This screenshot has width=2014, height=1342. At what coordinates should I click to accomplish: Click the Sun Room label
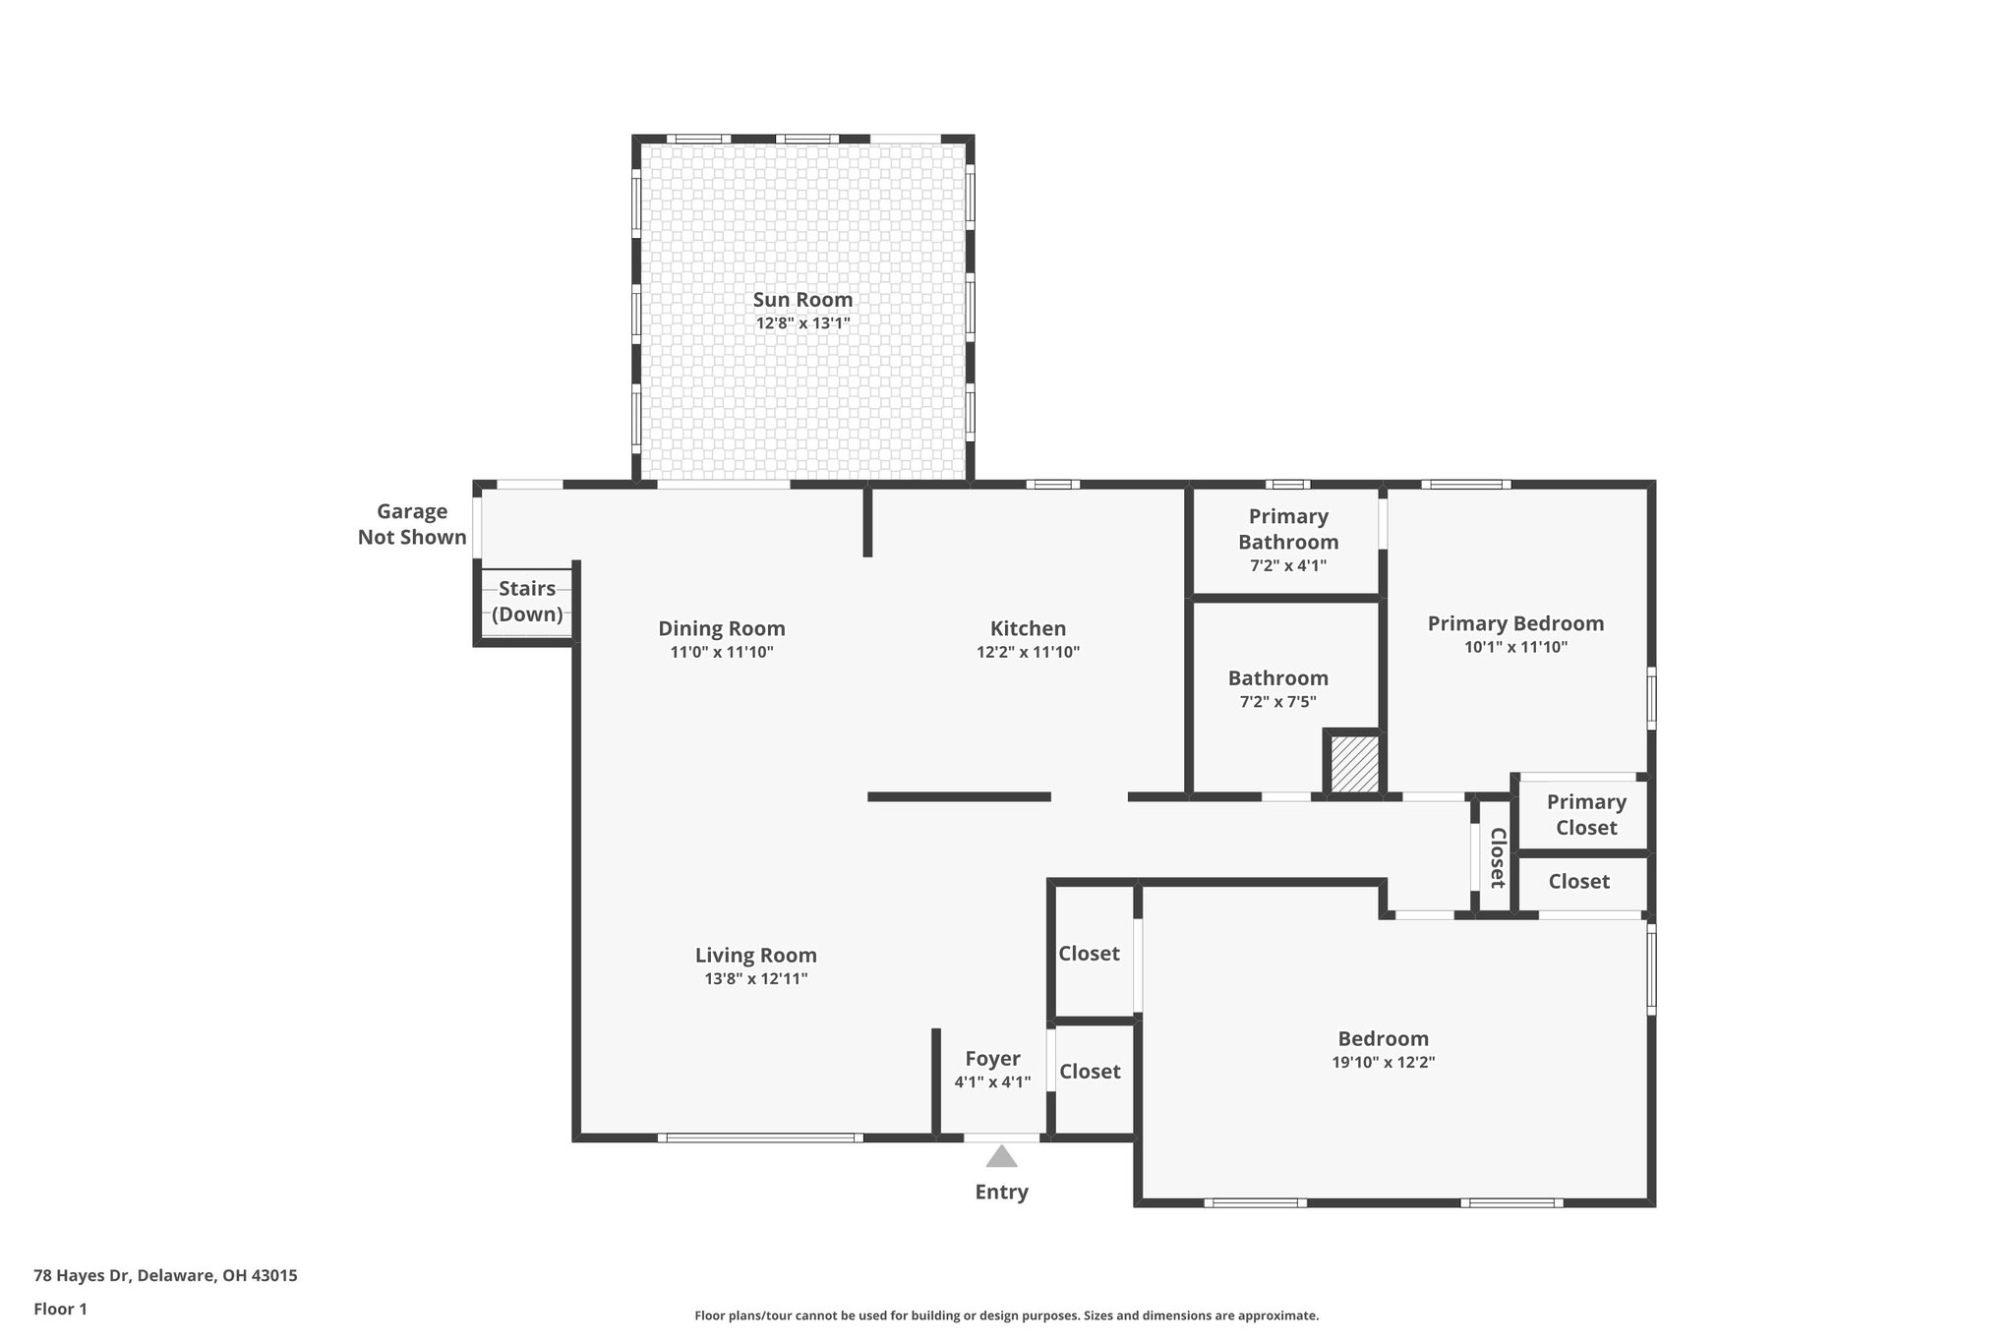[802, 300]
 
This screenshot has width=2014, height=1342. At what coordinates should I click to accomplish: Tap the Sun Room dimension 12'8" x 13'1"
[802, 323]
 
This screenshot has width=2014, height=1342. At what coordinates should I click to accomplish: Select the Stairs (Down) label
[527, 602]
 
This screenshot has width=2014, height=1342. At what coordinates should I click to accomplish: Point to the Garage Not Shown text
[412, 524]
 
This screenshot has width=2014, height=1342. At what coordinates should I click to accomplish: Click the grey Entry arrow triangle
[1001, 1157]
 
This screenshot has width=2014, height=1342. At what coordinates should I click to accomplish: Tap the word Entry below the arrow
[1001, 1192]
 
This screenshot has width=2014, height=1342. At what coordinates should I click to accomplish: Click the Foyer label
[992, 1059]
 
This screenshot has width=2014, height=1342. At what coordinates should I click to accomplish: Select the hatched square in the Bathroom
[1354, 764]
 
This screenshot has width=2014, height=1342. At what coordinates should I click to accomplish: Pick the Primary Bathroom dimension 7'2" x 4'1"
[1288, 566]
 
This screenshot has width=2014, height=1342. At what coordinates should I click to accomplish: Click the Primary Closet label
[1586, 815]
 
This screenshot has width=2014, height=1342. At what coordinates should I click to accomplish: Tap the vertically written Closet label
[1497, 857]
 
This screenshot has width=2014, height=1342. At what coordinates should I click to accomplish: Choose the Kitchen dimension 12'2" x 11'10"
[1028, 652]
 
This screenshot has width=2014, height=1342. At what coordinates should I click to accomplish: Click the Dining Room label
[722, 628]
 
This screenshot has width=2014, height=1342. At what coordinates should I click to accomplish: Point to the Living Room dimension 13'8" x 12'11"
[755, 979]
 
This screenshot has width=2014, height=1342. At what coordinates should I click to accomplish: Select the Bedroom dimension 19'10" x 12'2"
[1383, 1062]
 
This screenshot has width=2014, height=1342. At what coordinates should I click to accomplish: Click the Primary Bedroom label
[1515, 623]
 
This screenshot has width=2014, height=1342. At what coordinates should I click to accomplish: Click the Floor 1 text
[60, 1309]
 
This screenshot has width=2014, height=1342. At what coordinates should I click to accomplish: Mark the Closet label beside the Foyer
[1090, 1072]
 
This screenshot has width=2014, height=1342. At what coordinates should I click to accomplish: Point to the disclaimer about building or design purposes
[1006, 1315]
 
